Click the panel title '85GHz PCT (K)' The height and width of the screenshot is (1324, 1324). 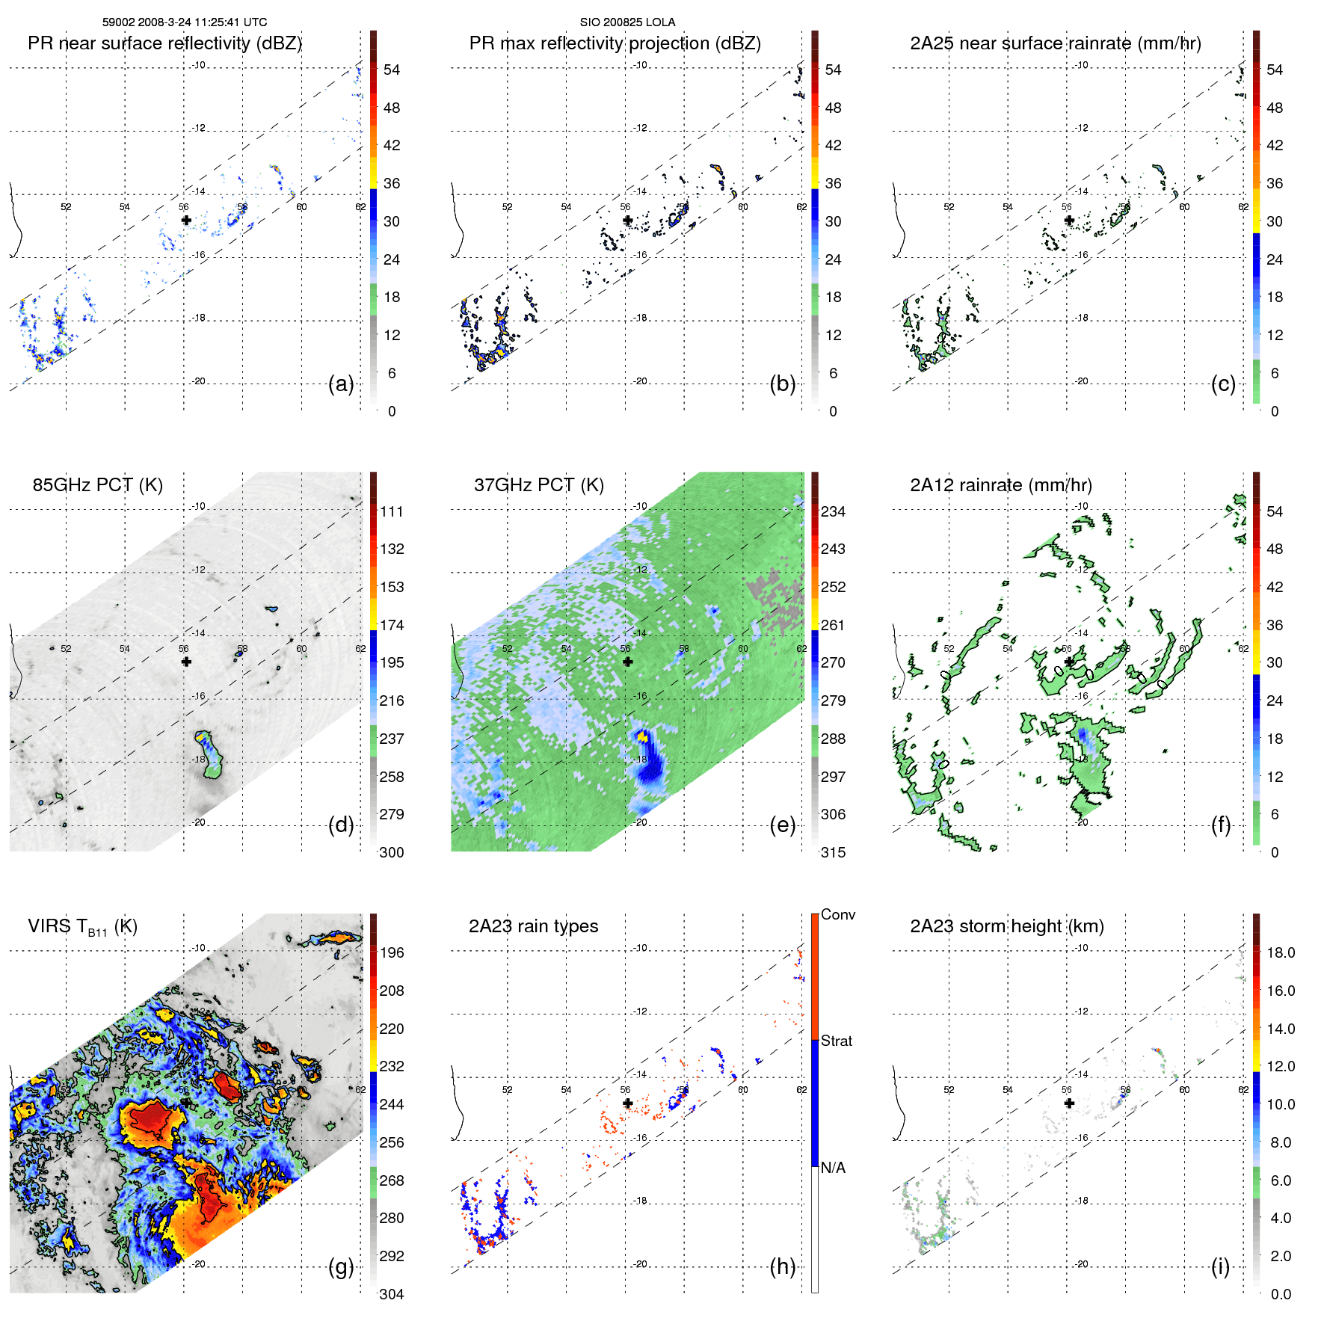(97, 485)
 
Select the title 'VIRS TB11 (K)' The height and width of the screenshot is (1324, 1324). (82, 927)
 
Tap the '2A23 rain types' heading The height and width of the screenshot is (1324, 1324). (533, 927)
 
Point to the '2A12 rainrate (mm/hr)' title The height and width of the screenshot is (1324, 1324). (1000, 485)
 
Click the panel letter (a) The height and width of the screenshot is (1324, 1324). (341, 384)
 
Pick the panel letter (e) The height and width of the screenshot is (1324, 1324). (782, 825)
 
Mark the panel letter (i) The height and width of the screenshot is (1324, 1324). (1220, 1267)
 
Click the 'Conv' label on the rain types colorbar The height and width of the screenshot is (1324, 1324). (837, 914)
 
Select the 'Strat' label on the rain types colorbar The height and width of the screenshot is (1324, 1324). (836, 1041)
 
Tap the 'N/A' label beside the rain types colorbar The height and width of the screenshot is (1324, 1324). (833, 1168)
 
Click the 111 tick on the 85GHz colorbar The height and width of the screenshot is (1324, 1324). (391, 511)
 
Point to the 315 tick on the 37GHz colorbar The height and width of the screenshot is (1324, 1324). (833, 852)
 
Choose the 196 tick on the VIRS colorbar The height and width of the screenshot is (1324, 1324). (391, 952)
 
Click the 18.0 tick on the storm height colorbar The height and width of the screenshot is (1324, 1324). (1280, 952)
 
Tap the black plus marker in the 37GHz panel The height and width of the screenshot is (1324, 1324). (627, 662)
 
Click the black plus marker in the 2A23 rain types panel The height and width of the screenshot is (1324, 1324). (627, 1103)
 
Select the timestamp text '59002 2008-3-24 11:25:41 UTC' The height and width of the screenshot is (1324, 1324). (184, 22)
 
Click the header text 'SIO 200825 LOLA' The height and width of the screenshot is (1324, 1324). (627, 22)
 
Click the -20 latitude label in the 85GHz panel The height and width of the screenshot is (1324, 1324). (198, 822)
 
